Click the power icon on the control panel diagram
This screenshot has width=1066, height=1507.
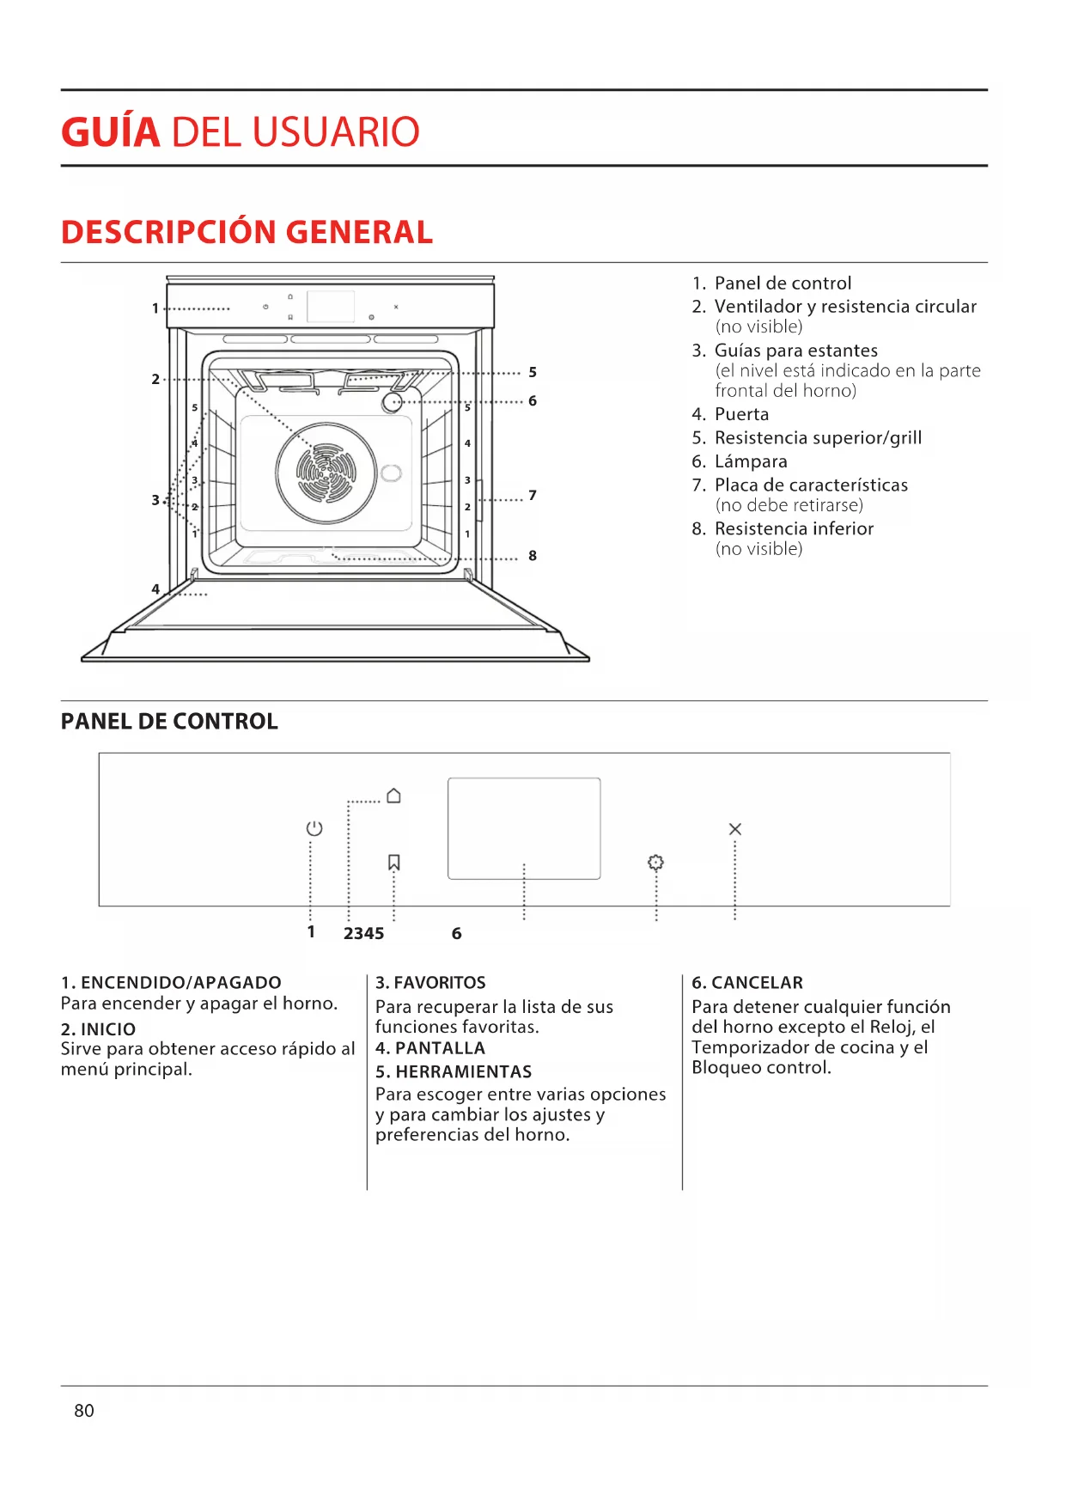pyautogui.click(x=314, y=828)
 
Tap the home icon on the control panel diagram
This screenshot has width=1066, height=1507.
pyautogui.click(x=393, y=796)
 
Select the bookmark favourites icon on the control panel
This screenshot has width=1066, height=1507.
pyautogui.click(x=394, y=862)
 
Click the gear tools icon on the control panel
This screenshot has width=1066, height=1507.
pyautogui.click(x=655, y=862)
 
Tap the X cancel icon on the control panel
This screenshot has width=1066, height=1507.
pyautogui.click(x=734, y=829)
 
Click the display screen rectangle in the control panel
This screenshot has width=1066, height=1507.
pyautogui.click(x=524, y=828)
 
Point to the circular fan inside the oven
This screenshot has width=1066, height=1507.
pyautogui.click(x=326, y=473)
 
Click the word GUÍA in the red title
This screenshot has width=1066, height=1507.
pyautogui.click(x=111, y=132)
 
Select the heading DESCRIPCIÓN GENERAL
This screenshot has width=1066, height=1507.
pyautogui.click(x=247, y=232)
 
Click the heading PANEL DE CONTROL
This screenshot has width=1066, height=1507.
pyautogui.click(x=169, y=722)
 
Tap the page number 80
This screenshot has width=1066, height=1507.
pyautogui.click(x=84, y=1410)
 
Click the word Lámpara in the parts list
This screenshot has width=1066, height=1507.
pyautogui.click(x=751, y=461)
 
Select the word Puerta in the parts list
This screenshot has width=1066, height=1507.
pyautogui.click(x=741, y=414)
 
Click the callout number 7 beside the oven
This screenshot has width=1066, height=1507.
pyautogui.click(x=533, y=495)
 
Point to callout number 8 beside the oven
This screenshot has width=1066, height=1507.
pyautogui.click(x=533, y=556)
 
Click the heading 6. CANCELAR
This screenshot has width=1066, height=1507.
pyautogui.click(x=747, y=982)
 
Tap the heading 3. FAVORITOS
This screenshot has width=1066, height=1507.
pyautogui.click(x=430, y=982)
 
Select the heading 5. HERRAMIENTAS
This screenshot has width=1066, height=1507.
pyautogui.click(x=454, y=1071)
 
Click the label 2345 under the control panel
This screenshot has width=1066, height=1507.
pyautogui.click(x=363, y=933)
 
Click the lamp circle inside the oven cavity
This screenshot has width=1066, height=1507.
pyautogui.click(x=393, y=402)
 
